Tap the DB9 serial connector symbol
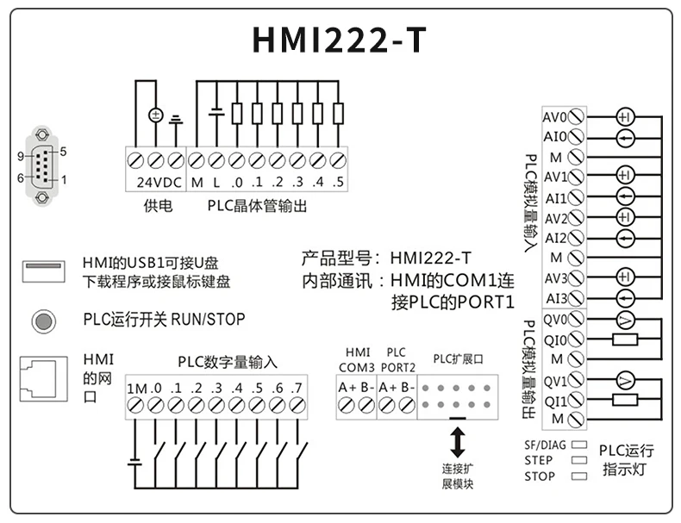pyautogui.click(x=41, y=166)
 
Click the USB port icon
pyautogui.click(x=42, y=271)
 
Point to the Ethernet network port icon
pyautogui.click(x=43, y=379)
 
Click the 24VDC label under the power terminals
pyautogui.click(x=157, y=183)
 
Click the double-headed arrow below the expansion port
pyautogui.click(x=458, y=440)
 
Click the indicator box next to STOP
pyautogui.click(x=580, y=476)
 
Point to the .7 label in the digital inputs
pyautogui.click(x=297, y=388)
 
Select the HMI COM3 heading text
pyautogui.click(x=357, y=359)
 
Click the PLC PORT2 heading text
pyautogui.click(x=397, y=359)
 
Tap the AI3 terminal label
pyautogui.click(x=554, y=299)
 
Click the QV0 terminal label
pyautogui.click(x=553, y=320)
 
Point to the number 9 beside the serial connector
pyautogui.click(x=20, y=156)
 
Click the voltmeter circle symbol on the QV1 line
pyautogui.click(x=625, y=379)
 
